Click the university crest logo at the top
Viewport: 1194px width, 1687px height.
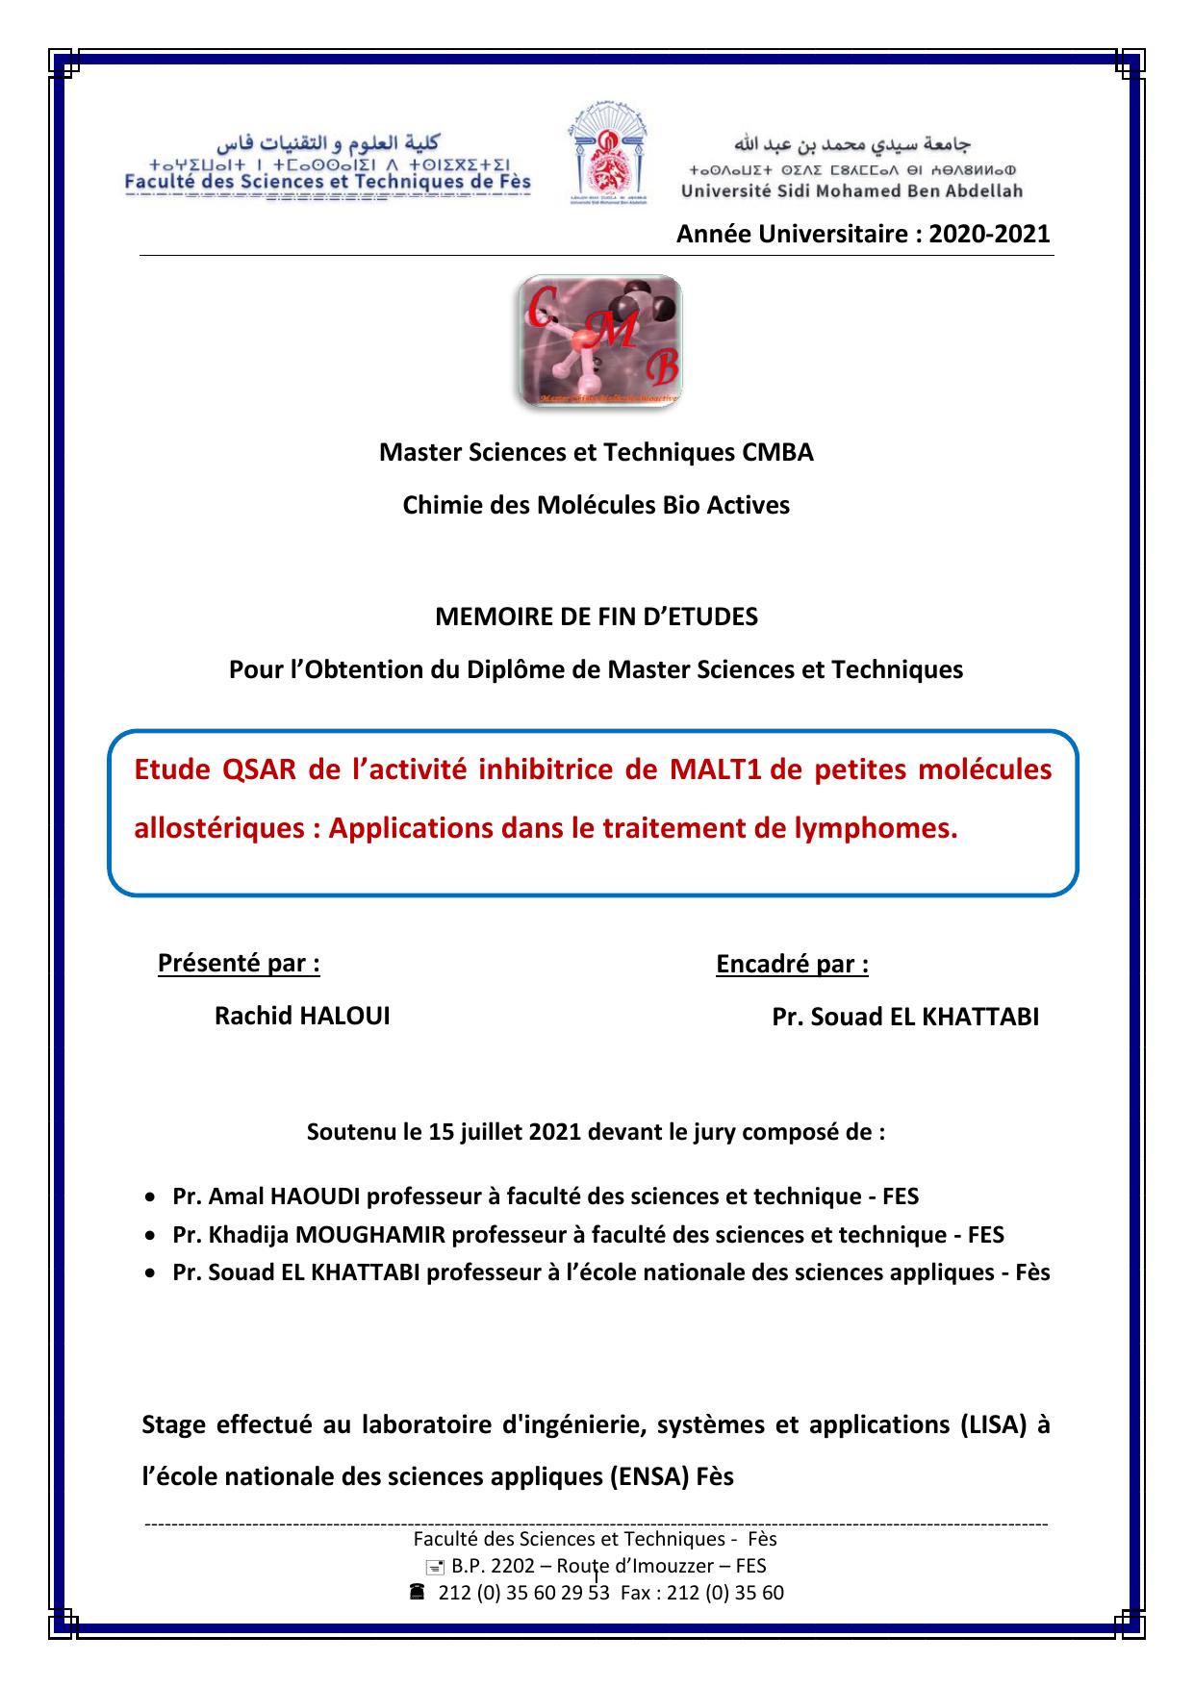click(608, 153)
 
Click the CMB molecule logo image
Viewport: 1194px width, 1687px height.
click(600, 340)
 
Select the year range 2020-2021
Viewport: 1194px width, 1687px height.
click(989, 234)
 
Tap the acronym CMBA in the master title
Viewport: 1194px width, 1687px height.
click(777, 452)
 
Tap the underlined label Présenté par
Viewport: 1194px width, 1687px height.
click(239, 963)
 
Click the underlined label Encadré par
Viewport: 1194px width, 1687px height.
click(792, 964)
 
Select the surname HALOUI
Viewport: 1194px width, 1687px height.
click(344, 1017)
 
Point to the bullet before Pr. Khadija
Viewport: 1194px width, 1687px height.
click(149, 1234)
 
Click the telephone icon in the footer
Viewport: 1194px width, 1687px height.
click(417, 1592)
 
